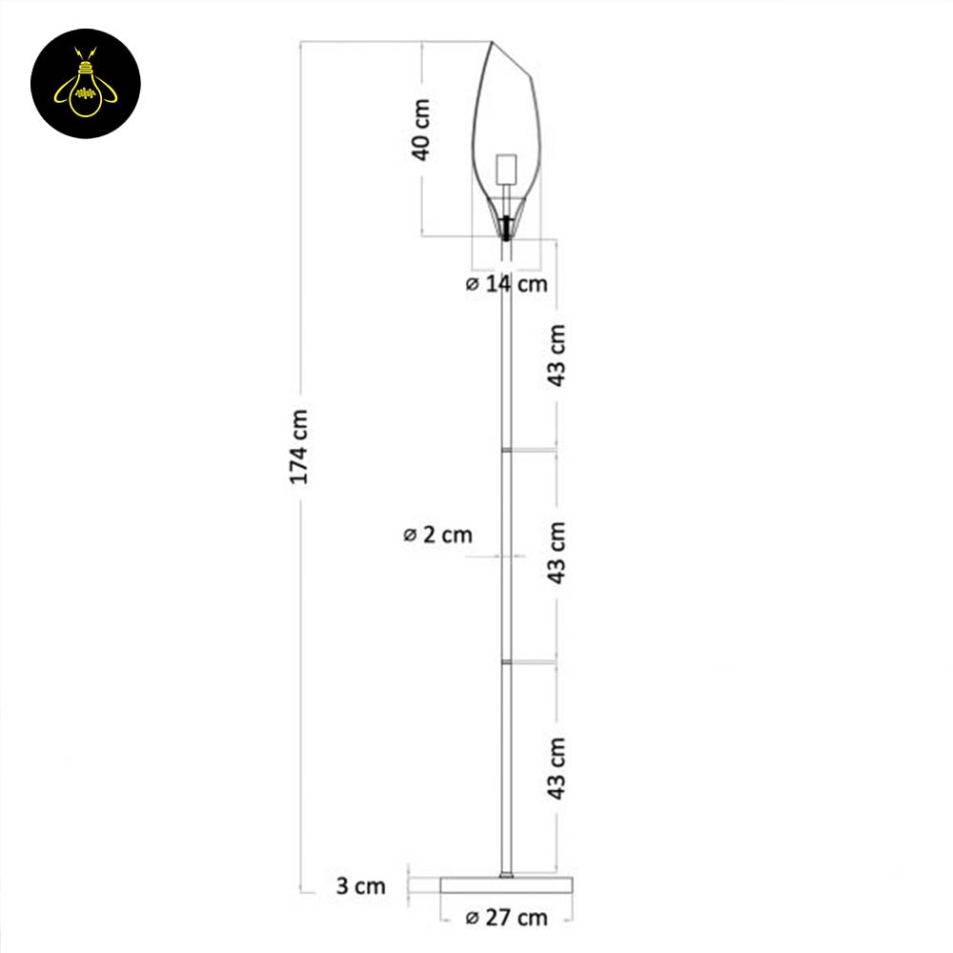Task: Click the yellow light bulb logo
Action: click(x=86, y=84)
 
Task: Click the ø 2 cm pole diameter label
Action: click(x=437, y=535)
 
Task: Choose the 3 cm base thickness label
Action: click(x=361, y=886)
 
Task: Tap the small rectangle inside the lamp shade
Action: click(x=507, y=169)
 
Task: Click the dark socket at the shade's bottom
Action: click(x=506, y=227)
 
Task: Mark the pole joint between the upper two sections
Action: click(x=507, y=446)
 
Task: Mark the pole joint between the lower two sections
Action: click(x=507, y=659)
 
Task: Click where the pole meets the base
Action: click(x=507, y=875)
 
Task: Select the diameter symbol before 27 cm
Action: click(x=472, y=919)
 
